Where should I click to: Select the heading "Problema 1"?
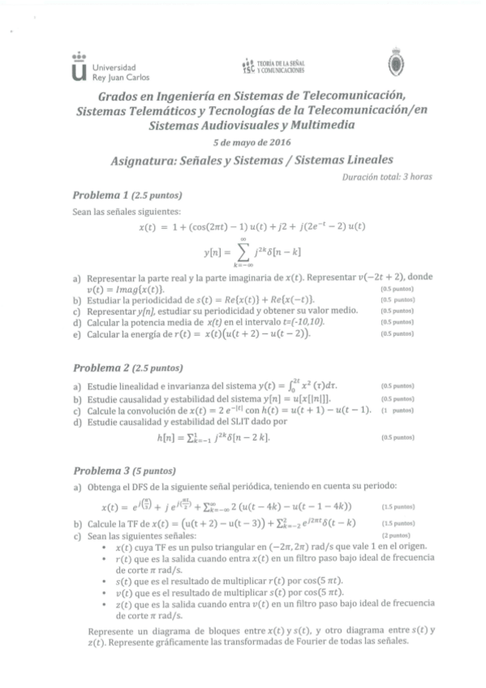click(x=101, y=196)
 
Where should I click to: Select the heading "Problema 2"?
click(x=101, y=367)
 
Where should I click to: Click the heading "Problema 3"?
click(x=101, y=470)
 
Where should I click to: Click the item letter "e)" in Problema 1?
click(x=76, y=333)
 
